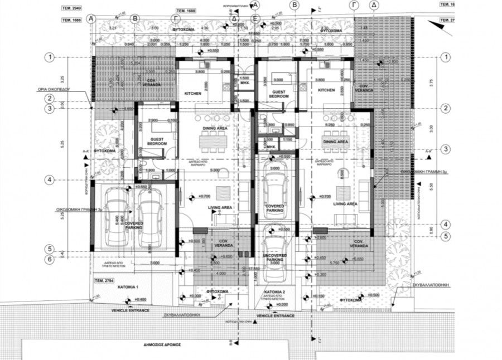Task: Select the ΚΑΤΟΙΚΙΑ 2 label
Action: pyautogui.click(x=275, y=292)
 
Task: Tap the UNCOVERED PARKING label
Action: pyautogui.click(x=275, y=258)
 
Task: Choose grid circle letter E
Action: pyautogui.click(x=255, y=18)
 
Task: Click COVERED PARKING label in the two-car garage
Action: pyautogui.click(x=134, y=225)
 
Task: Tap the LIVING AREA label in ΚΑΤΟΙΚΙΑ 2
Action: pyautogui.click(x=345, y=205)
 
